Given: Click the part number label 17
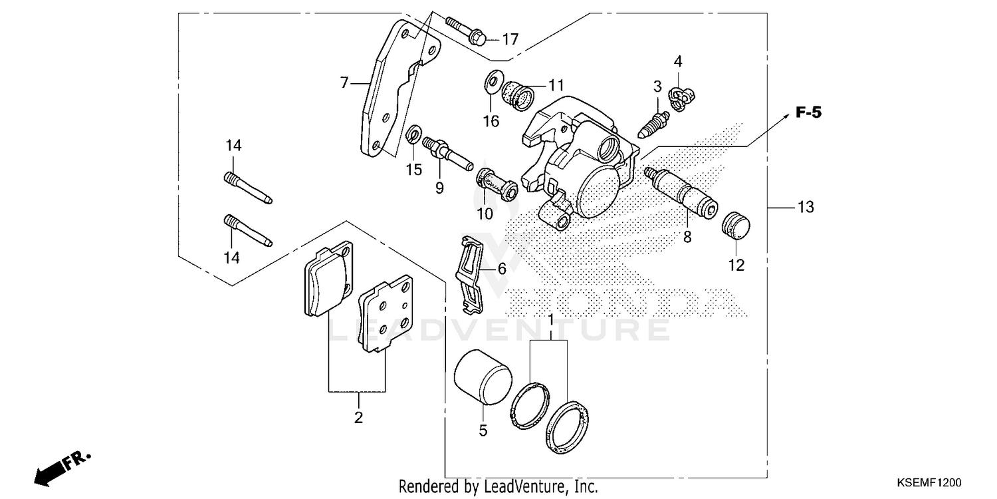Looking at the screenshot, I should [510, 40].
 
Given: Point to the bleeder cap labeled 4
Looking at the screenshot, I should [682, 98].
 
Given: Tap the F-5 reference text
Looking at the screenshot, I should [808, 113].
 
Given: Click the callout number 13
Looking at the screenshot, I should [806, 208].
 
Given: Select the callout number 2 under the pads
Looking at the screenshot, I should [358, 418].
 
